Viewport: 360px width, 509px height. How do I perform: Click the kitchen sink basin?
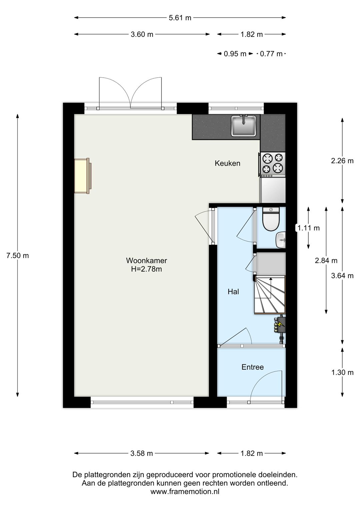[244, 126]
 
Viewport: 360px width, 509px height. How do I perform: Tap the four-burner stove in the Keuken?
[273, 165]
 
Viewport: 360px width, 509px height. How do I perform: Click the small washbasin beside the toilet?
[281, 240]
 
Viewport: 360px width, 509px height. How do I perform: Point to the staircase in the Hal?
[270, 295]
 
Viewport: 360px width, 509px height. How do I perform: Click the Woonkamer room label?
[146, 260]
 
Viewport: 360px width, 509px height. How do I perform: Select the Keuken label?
[227, 163]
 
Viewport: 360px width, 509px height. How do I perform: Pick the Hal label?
[233, 292]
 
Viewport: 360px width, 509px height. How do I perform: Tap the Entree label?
[253, 367]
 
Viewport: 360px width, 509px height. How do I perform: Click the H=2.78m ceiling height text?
[146, 269]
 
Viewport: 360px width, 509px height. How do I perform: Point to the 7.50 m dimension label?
[17, 256]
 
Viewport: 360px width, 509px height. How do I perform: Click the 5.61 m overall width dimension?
[180, 18]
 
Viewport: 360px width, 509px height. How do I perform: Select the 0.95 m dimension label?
[235, 54]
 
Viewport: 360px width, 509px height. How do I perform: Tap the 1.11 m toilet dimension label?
[308, 228]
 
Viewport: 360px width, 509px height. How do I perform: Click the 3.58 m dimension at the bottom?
[142, 453]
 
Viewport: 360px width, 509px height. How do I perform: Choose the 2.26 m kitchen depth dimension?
[342, 161]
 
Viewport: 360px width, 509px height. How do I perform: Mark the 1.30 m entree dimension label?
[342, 372]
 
